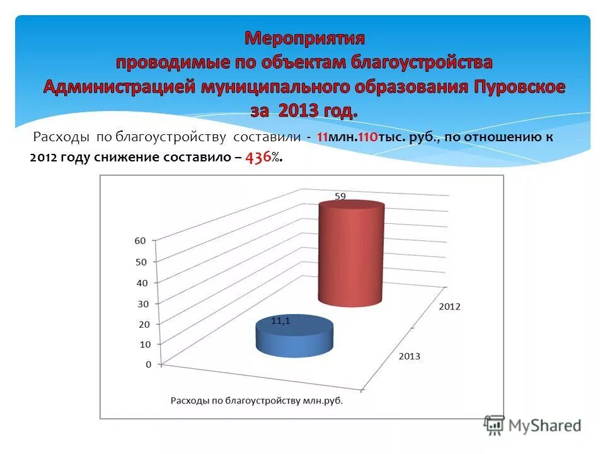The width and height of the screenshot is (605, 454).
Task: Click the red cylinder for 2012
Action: (351, 252)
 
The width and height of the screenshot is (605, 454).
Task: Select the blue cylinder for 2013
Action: (294, 337)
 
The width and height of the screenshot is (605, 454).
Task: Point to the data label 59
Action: (340, 196)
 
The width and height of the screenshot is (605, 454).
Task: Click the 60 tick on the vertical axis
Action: (140, 240)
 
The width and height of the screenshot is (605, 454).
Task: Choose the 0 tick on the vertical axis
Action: (149, 364)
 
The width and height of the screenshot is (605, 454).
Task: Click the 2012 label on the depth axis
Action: (449, 306)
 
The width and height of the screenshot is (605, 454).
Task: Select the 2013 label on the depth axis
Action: (409, 356)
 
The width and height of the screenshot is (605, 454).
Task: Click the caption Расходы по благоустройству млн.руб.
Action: (258, 400)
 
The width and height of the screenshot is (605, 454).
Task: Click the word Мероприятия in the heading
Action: (304, 38)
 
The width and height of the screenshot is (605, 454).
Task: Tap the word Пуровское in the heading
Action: (516, 87)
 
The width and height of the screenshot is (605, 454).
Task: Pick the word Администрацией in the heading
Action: (119, 87)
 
